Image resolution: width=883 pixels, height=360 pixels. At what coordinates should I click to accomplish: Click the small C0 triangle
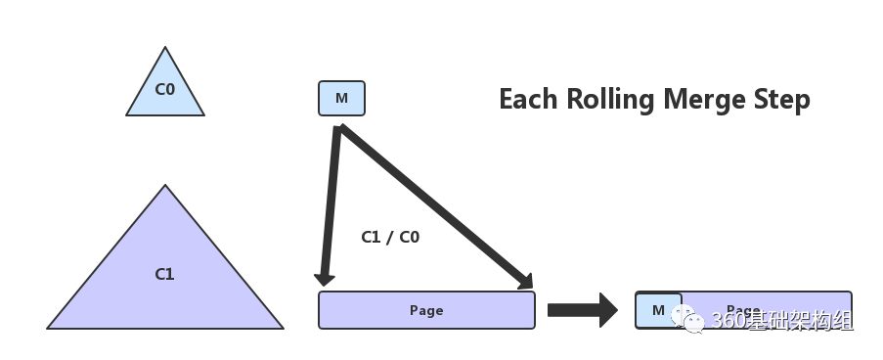(164, 90)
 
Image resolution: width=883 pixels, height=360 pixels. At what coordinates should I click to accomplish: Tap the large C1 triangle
(164, 274)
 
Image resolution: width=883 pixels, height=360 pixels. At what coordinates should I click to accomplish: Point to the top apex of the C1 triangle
(165, 187)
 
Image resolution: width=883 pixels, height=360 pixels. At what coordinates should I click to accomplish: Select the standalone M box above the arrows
(341, 98)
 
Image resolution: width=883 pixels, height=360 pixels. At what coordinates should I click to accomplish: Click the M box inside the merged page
(658, 310)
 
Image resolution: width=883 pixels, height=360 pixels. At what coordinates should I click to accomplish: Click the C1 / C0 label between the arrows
(390, 237)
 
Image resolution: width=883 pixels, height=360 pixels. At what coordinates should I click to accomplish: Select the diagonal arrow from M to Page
(435, 205)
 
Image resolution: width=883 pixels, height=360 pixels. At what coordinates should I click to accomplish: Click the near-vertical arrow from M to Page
(330, 205)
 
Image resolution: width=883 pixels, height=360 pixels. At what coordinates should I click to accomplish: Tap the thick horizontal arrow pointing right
(582, 310)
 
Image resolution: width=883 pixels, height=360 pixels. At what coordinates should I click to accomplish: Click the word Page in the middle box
(426, 310)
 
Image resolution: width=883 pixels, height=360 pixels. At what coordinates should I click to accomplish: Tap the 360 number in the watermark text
(728, 321)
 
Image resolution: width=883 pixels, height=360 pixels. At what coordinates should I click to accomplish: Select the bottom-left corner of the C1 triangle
(49, 328)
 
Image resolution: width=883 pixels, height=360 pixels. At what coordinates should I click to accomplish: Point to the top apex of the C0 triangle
(165, 48)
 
